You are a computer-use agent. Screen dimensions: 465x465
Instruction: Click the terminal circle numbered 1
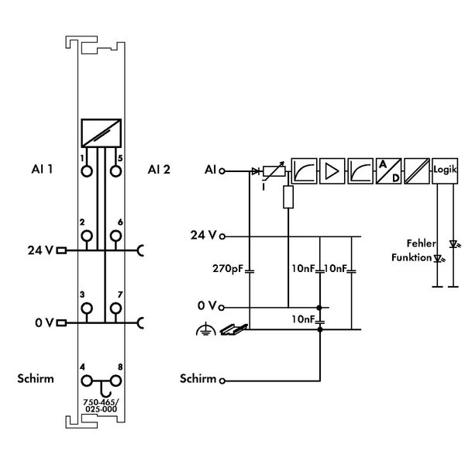[x=87, y=171]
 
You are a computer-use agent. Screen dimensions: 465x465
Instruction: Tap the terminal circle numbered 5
[x=115, y=171]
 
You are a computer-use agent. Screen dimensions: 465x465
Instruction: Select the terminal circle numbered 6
[x=115, y=236]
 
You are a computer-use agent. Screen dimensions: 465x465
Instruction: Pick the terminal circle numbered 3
[x=87, y=308]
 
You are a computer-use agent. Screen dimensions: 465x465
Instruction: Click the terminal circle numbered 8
[x=115, y=381]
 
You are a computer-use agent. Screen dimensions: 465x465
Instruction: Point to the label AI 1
[x=42, y=169]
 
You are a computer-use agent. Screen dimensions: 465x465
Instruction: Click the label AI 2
[x=159, y=170]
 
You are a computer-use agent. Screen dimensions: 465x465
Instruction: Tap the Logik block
[x=445, y=170]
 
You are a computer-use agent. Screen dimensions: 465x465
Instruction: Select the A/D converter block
[x=388, y=170]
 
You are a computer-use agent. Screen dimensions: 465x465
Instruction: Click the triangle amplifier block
[x=332, y=170]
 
